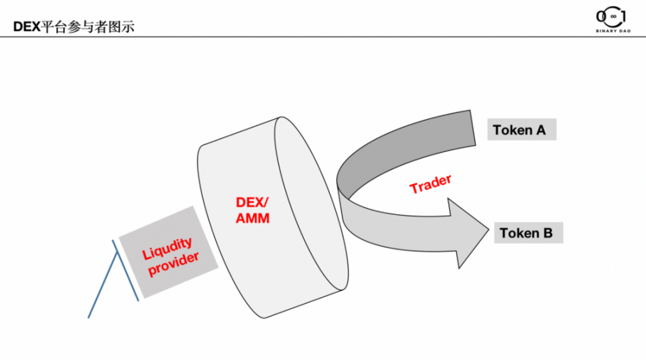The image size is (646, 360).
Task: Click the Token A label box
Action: click(x=521, y=130)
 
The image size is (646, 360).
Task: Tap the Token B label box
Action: click(x=529, y=233)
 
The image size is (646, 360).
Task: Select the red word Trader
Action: click(x=430, y=184)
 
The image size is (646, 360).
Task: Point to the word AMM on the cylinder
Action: click(x=253, y=219)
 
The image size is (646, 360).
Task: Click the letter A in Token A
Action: click(x=542, y=130)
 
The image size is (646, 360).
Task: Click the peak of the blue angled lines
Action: click(x=114, y=242)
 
